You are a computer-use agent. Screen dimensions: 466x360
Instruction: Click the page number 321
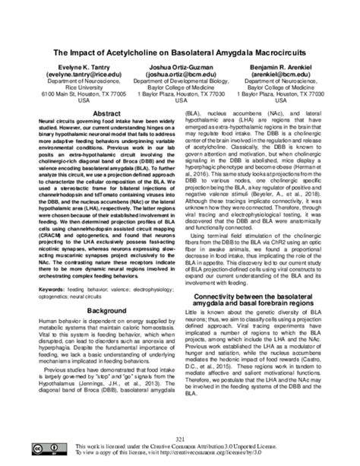tap(180, 439)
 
